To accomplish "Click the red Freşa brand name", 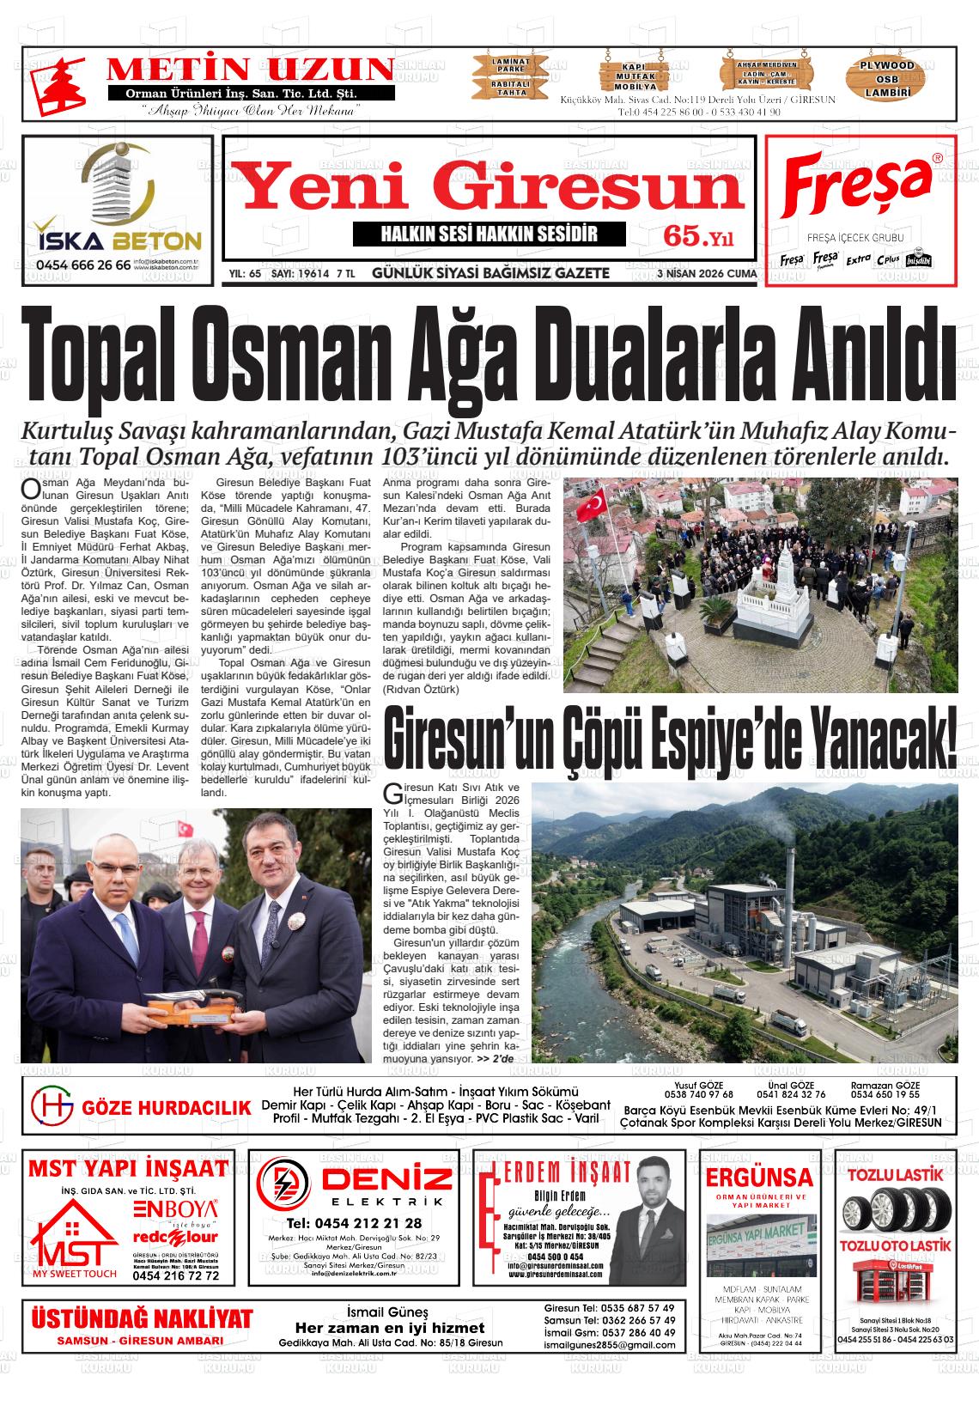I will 856,187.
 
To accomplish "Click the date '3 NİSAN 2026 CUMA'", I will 706,274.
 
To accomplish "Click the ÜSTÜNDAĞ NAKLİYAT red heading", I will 143,1318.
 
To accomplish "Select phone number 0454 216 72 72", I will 176,1275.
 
